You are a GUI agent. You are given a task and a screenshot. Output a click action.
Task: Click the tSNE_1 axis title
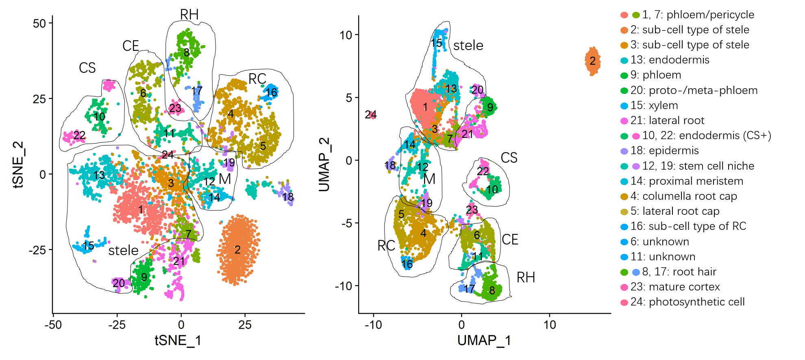(178, 340)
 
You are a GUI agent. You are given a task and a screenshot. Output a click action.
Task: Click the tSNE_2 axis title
(18, 165)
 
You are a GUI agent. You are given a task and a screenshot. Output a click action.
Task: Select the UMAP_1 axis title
(484, 340)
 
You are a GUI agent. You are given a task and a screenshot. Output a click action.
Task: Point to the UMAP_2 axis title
(324, 165)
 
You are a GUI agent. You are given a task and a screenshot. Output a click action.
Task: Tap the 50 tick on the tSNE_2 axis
(39, 24)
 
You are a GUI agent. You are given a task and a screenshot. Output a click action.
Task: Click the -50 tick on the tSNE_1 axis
(53, 325)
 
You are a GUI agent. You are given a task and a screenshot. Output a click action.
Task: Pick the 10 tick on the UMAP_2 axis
(346, 35)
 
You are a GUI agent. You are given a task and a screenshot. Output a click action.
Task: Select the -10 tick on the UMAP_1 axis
(373, 325)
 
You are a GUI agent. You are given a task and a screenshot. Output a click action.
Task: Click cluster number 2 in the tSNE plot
(237, 249)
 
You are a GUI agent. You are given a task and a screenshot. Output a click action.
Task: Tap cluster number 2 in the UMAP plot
(592, 61)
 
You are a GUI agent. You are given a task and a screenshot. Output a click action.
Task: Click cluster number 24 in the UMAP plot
(370, 115)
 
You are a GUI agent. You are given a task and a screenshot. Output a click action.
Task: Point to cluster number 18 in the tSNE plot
(288, 197)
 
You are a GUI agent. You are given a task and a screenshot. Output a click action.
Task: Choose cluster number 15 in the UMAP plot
(437, 43)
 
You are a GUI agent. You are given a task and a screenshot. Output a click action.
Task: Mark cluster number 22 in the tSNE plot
(79, 135)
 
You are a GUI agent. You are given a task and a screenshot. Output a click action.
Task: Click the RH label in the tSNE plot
(189, 15)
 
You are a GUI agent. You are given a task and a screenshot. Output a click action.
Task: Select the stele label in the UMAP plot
(468, 46)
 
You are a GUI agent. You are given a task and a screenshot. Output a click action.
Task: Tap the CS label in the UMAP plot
(509, 158)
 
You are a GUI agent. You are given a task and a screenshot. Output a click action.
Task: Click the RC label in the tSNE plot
(257, 79)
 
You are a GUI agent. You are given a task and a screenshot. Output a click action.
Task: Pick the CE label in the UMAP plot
(510, 240)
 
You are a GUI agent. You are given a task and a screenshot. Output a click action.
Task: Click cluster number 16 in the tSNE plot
(272, 93)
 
